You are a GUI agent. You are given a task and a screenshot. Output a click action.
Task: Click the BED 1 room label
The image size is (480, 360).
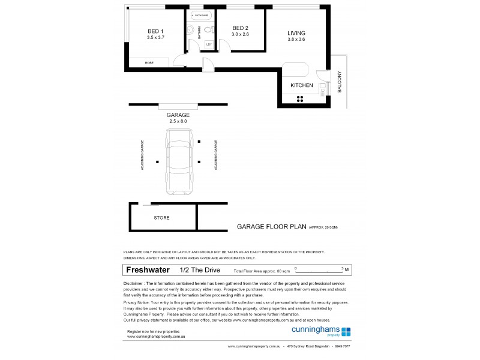coord(155,31)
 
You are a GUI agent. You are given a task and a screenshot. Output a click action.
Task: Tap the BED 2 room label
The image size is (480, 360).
coord(240,28)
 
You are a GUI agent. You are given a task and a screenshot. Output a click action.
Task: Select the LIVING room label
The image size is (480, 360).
coord(296,33)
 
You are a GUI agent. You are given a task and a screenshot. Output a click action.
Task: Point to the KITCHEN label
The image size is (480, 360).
coord(301,86)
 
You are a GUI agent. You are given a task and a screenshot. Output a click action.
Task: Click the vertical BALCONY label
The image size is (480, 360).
coord(340,82)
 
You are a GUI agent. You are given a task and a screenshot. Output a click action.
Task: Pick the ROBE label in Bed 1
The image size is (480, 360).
coord(149,62)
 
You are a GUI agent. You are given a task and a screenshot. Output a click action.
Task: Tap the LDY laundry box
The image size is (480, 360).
coord(209,44)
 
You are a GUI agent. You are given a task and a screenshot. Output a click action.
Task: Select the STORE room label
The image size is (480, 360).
coord(161,218)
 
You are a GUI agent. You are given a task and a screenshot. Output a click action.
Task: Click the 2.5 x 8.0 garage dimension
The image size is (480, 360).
coord(179,121)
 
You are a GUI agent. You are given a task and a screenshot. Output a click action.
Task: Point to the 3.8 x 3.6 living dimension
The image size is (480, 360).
coord(296,40)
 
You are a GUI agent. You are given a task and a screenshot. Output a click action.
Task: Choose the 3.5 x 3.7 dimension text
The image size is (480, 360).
coord(155,37)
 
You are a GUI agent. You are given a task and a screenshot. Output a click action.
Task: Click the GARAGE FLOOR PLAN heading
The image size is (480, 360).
coord(271,227)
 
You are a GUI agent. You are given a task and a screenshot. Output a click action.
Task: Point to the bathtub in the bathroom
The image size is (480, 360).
coord(200,15)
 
